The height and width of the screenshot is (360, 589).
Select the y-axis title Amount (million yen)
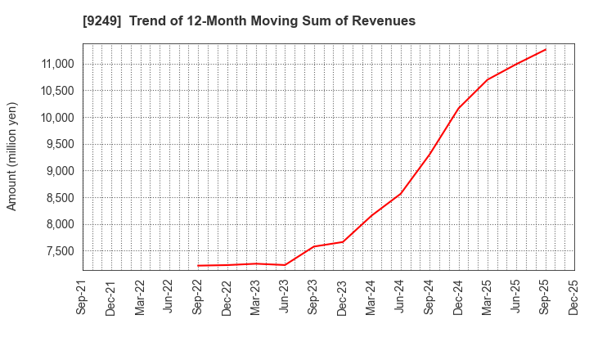pos(12,156)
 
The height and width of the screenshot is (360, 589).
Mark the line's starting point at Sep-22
pos(198,265)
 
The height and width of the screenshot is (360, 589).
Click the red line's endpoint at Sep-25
pos(546,49)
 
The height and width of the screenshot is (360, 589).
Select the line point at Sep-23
pos(314,246)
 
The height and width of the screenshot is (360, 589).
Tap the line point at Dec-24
pos(458,108)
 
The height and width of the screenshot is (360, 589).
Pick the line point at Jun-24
pos(401,194)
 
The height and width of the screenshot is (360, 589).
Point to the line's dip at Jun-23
pos(285,265)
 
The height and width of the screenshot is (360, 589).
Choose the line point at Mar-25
pos(488,79)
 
